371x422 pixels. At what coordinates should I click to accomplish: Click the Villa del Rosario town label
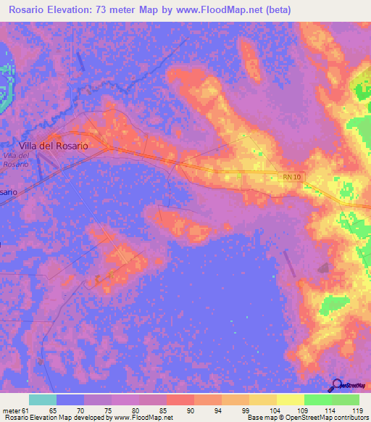pos(54,145)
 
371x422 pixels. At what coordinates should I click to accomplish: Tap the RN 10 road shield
pos(290,176)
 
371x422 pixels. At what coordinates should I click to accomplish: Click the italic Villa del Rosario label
pos(16,160)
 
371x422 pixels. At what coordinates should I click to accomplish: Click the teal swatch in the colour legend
pos(42,400)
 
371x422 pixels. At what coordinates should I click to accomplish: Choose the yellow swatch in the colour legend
pos(290,400)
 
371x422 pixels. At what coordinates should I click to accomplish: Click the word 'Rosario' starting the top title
pos(27,9)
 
